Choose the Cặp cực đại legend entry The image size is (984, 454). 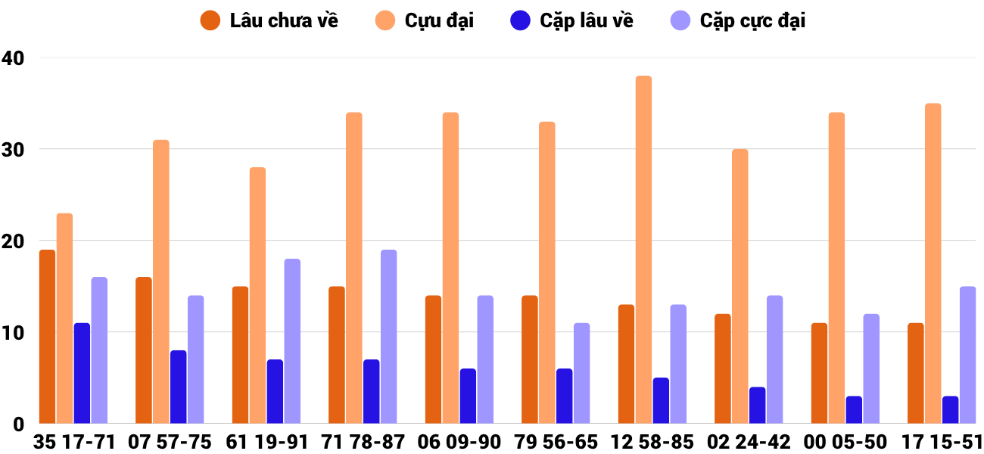pos(739,20)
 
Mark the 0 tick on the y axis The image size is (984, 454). pos(18,424)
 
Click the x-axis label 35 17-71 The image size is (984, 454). pos(74,442)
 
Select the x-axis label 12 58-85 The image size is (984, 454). pos(652,442)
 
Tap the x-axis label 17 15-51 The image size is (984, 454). pos(942,442)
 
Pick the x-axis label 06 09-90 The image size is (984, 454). pos(459,442)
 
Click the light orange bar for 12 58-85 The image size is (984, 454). pos(643,250)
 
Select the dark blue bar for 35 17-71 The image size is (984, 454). pos(82,373)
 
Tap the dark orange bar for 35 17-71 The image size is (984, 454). pos(47,337)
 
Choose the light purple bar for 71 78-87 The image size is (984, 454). pos(389,337)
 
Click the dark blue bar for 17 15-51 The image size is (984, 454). pos(950,409)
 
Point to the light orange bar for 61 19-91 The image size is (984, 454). pos(257,295)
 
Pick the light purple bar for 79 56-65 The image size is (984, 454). pos(581,373)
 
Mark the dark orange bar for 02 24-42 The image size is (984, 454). pos(723,368)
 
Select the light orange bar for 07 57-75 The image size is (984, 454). pos(161,281)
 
